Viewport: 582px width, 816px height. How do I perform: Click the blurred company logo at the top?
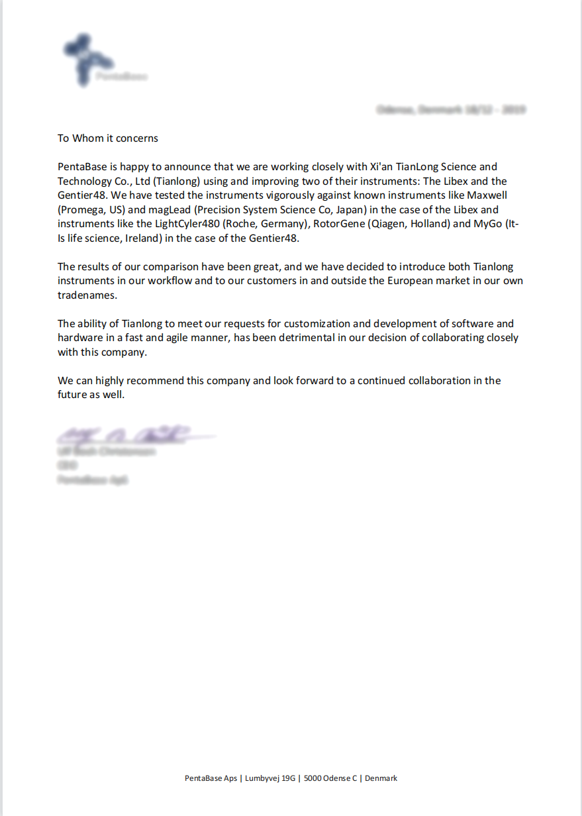click(x=103, y=62)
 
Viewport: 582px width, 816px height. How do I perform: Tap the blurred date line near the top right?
click(x=450, y=109)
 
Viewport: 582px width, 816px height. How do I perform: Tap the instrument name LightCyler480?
click(x=187, y=224)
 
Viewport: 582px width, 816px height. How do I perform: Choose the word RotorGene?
click(x=339, y=224)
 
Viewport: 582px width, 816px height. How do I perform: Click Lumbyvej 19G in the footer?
click(x=270, y=778)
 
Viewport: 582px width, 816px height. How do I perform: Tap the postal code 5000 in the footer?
click(x=313, y=778)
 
